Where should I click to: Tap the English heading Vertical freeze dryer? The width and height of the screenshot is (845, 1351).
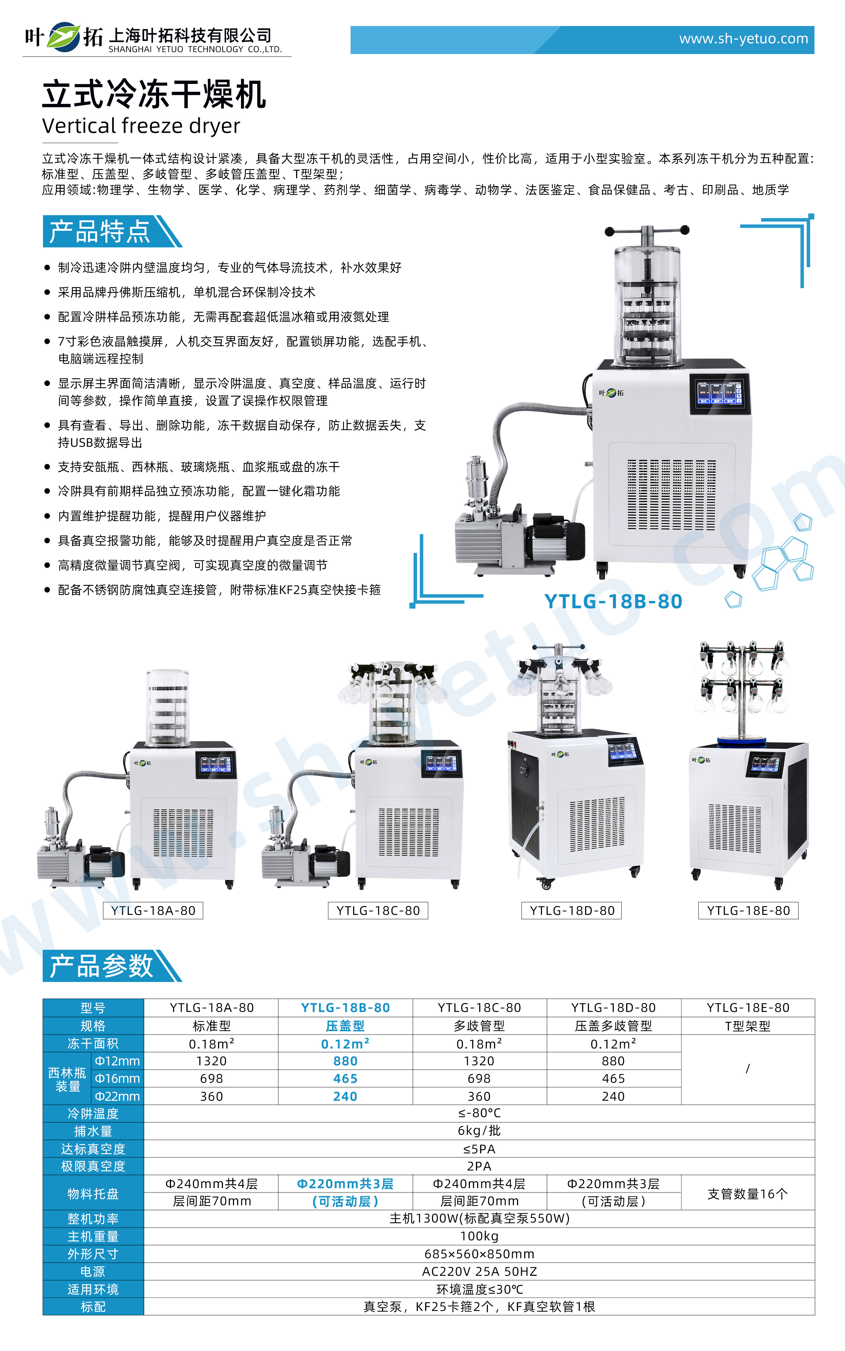141,126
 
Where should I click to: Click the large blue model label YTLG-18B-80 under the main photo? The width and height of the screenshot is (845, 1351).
613,602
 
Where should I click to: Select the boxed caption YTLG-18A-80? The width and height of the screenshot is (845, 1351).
153,910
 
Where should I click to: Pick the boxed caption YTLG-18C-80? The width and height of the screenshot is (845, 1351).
378,910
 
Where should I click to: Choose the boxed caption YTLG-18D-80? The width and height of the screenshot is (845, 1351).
572,910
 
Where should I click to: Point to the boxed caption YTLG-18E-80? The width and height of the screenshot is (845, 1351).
748,910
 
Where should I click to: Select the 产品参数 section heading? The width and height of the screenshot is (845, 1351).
101,966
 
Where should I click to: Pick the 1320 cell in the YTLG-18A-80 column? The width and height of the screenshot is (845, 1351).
211,1061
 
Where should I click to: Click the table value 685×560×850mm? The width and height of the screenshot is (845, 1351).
479,1254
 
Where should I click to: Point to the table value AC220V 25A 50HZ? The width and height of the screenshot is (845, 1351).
479,1272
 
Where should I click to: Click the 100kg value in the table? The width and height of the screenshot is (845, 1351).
479,1236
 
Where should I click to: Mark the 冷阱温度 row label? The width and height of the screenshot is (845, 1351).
93,1114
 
